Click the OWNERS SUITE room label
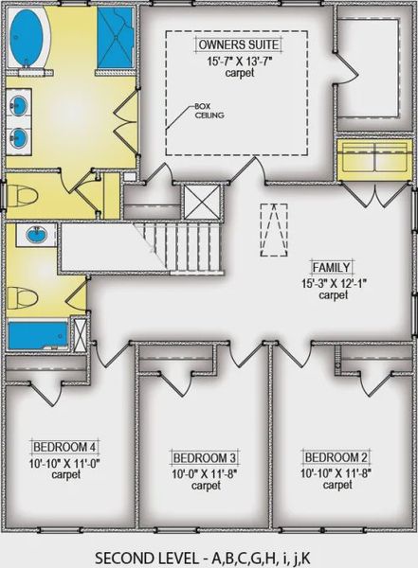coord(236,44)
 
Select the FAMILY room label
coord(333,268)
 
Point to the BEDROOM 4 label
coord(65,446)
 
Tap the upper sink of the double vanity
coord(21,105)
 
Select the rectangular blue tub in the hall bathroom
coord(38,336)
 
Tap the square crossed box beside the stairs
coord(202,203)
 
